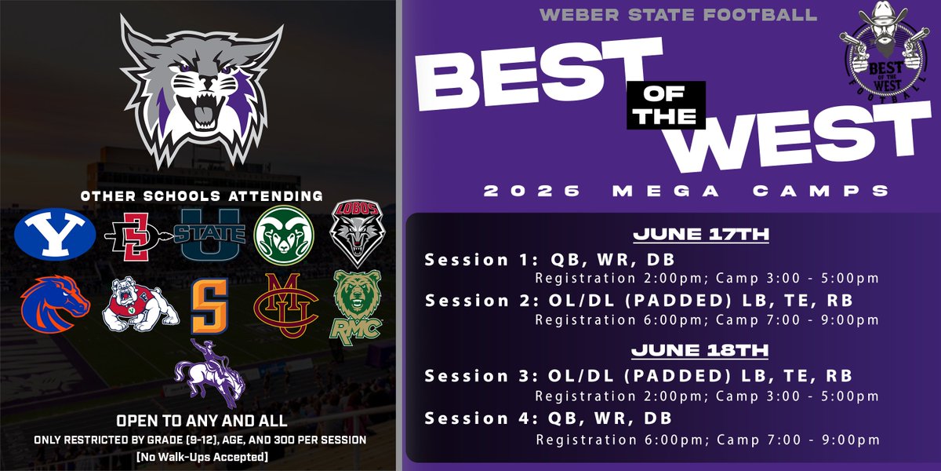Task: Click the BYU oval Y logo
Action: (x=55, y=232)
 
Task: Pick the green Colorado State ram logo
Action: (x=284, y=233)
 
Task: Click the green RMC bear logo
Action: (x=357, y=305)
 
